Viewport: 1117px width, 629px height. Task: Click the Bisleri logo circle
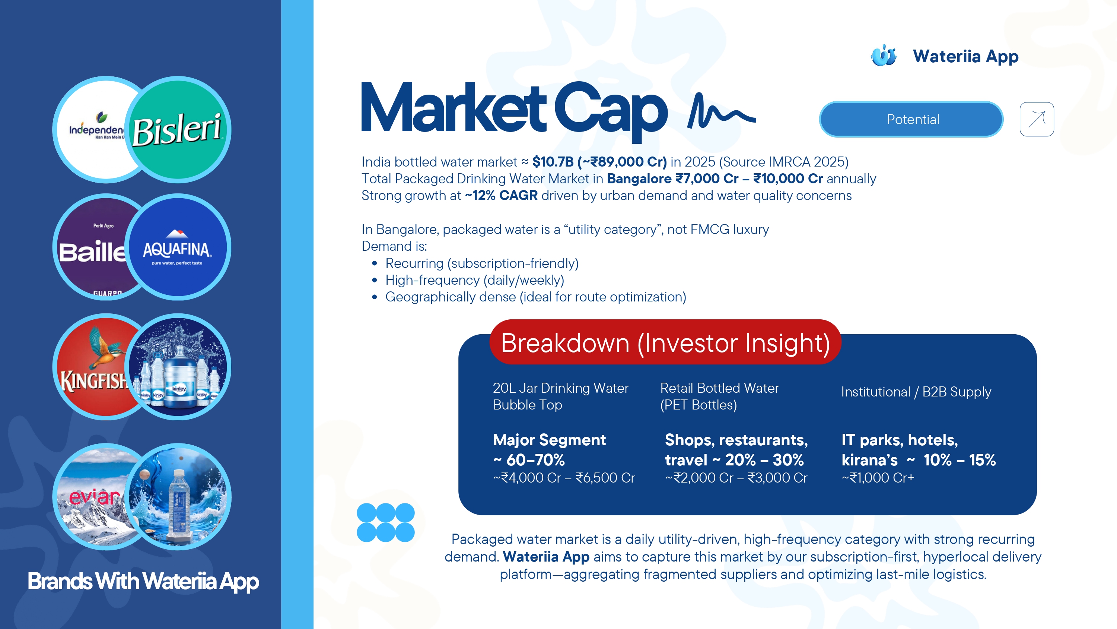coord(178,129)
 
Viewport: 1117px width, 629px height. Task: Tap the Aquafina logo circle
coord(178,247)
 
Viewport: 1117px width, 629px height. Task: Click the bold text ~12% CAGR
coord(501,196)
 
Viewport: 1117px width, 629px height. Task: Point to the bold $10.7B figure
coord(553,162)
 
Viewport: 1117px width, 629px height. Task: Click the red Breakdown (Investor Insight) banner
coord(665,342)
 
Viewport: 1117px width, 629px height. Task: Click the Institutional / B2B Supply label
coord(916,392)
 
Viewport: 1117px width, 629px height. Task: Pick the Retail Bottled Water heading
coord(719,388)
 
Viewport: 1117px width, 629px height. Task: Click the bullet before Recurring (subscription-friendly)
coord(375,263)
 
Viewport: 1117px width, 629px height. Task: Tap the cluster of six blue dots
coord(385,523)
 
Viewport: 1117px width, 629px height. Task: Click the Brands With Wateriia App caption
coord(143,582)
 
